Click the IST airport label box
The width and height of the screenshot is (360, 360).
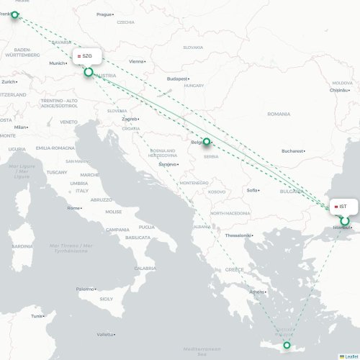343,207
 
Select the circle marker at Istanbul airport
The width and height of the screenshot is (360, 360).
345,221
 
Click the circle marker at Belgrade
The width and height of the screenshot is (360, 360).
207,142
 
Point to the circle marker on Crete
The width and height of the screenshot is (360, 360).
287,347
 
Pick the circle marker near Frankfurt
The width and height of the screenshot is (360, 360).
14,14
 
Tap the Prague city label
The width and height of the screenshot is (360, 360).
104,14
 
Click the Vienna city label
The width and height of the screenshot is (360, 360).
136,62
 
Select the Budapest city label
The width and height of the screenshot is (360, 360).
177,78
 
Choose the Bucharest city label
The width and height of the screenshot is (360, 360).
292,151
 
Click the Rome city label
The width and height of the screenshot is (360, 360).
73,208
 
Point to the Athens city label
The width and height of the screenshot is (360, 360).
256,292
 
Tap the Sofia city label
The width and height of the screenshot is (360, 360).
252,190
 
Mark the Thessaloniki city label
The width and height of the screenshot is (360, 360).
238,235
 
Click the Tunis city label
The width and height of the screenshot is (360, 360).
37,315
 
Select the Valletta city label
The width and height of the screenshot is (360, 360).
105,335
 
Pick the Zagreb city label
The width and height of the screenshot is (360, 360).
130,119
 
